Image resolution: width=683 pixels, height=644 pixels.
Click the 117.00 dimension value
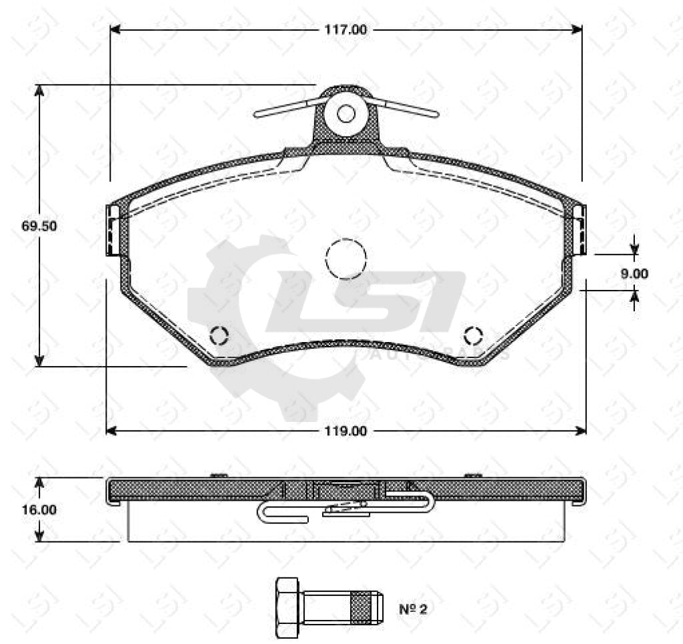pos(346,29)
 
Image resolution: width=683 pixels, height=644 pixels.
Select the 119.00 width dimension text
pos(346,431)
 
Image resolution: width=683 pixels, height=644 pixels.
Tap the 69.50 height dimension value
pos(39,226)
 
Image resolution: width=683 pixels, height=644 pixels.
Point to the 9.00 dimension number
pos(634,273)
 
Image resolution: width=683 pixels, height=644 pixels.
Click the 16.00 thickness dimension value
pos(39,509)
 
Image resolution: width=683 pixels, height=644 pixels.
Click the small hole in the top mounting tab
pos(346,114)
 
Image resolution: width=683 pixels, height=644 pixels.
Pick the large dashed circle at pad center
pos(346,259)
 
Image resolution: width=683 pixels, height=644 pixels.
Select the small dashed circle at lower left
pos(219,335)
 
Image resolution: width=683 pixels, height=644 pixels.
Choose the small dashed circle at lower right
pos(474,335)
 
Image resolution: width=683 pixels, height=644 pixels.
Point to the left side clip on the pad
pos(113,230)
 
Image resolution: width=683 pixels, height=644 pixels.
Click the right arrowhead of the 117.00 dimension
pos(577,29)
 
